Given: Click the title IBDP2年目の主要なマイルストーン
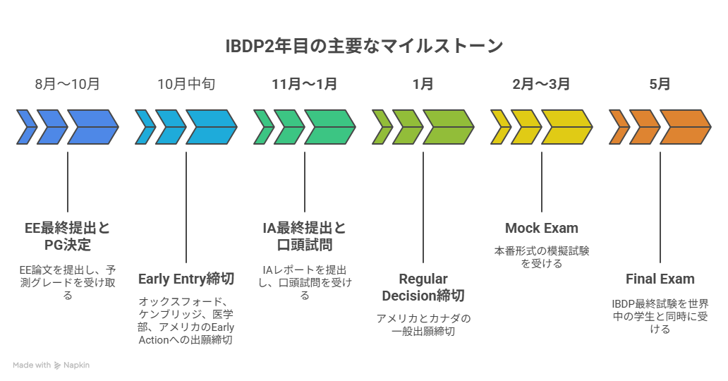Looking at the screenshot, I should point(364,46).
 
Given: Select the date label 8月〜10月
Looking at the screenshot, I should point(68,84).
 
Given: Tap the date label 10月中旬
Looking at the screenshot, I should point(186,84).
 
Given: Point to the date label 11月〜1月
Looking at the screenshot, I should point(305,84).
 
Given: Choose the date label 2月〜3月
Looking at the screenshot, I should point(542,84).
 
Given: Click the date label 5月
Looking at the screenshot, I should point(660,84).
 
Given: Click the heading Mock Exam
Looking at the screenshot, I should point(542,228).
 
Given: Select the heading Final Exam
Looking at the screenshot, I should point(660,279).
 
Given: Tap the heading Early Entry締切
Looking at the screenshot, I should point(186,279).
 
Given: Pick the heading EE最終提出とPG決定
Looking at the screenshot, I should point(68,236).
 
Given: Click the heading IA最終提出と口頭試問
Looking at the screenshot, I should point(305,236).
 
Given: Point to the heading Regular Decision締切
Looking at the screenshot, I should point(423,286).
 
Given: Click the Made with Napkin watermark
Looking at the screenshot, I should point(51,365).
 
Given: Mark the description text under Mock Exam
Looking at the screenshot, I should point(542,257).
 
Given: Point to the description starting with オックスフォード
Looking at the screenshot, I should point(186,320).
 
